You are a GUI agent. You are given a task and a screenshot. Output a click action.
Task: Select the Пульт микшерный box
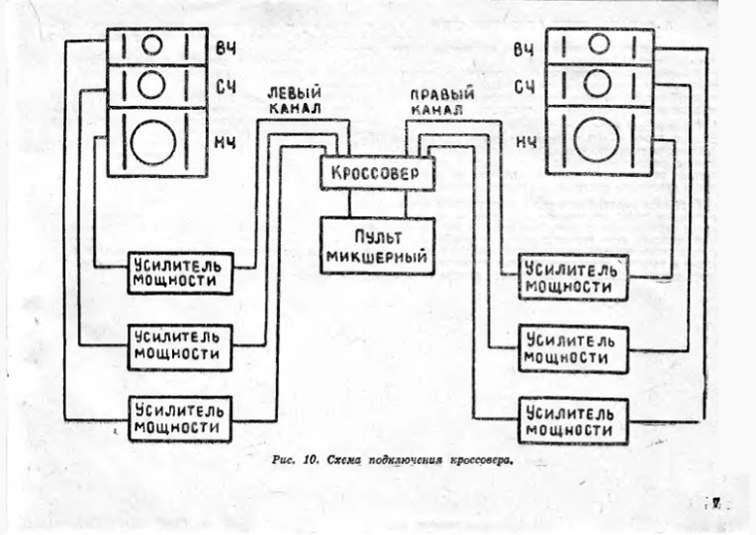coord(377,246)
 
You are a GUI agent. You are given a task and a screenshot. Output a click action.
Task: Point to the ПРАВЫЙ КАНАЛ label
coord(441,102)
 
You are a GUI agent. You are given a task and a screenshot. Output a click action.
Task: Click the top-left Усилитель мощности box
coord(180,273)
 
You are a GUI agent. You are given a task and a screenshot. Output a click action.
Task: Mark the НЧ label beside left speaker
coord(224,143)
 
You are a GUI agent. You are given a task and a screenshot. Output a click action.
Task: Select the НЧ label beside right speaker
coord(526,143)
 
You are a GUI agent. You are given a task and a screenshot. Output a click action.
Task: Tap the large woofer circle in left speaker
coord(154,143)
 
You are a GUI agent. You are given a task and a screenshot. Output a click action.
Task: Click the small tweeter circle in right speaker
coord(600,44)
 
